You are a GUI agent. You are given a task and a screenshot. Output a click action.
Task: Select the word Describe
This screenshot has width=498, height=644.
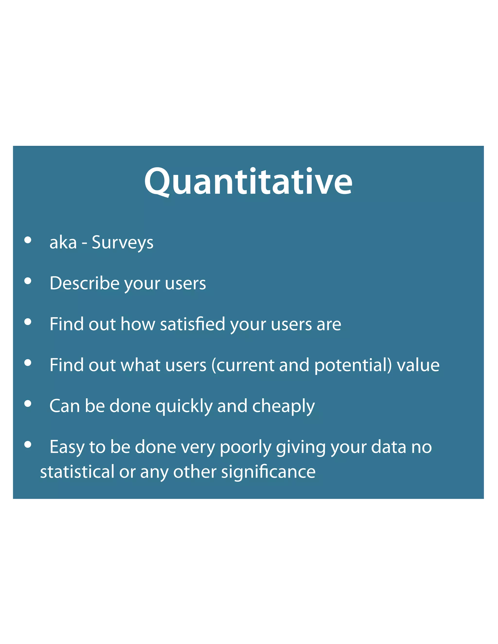84,283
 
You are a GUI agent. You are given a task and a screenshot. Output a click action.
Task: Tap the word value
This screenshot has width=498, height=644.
418,365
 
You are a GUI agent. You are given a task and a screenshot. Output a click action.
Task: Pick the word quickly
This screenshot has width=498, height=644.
184,406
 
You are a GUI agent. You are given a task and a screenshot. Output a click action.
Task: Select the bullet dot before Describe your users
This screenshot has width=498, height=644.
28,281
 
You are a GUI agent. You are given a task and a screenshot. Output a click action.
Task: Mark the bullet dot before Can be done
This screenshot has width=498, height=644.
28,403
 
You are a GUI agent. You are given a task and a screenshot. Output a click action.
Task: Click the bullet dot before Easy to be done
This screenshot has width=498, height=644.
28,444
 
